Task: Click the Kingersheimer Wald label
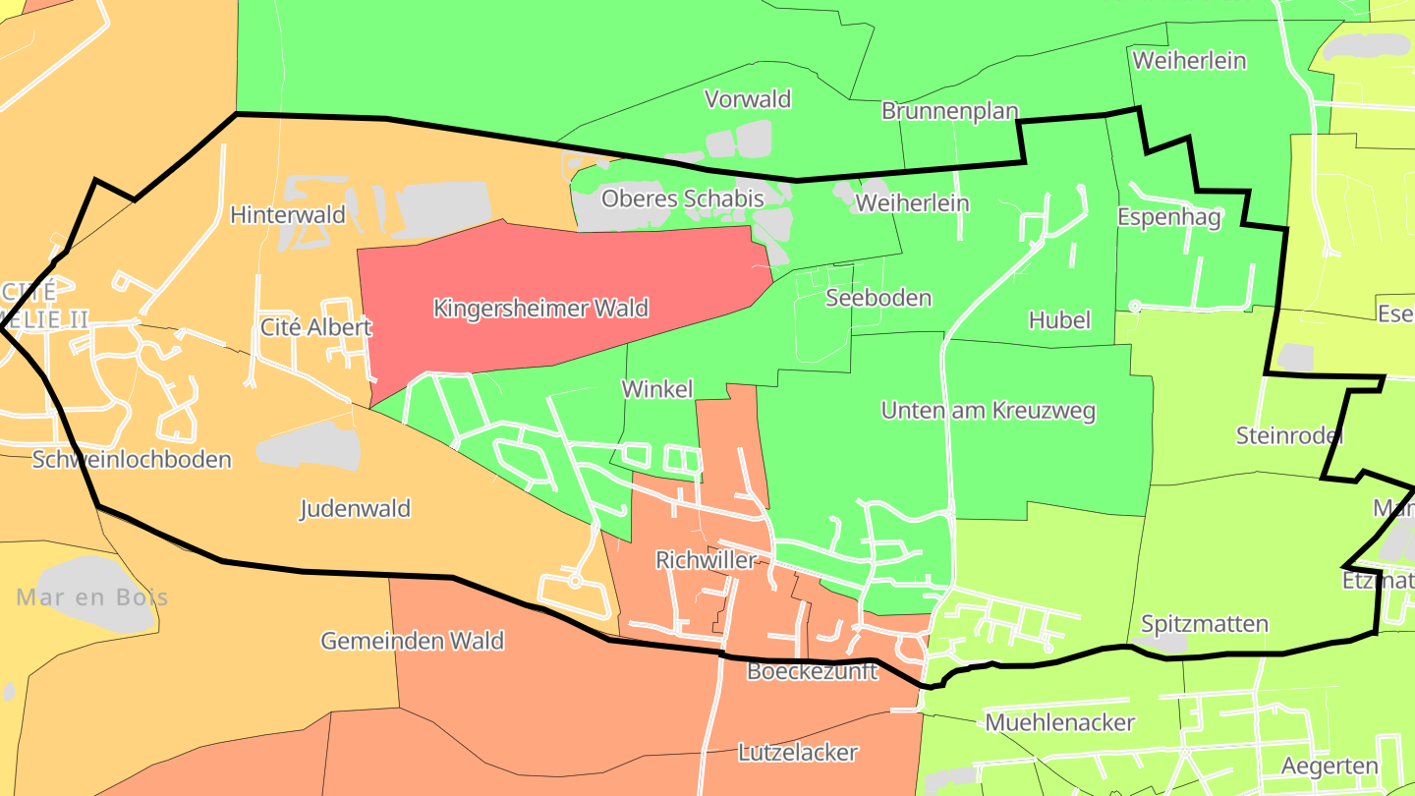point(540,309)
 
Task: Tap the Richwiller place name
point(706,560)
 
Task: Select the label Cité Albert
point(315,327)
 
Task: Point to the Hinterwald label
point(288,215)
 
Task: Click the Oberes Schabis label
point(682,199)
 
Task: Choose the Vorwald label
point(748,99)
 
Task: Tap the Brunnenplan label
point(949,111)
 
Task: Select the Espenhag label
point(1168,217)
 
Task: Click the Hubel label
point(1059,320)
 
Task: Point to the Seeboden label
point(878,298)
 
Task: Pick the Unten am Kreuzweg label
point(988,411)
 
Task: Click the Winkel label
point(657,389)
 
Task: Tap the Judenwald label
point(355,509)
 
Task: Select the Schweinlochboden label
point(132,459)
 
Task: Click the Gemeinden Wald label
point(412,642)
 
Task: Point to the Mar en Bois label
point(92,597)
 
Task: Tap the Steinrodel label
point(1288,435)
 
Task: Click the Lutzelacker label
point(797,753)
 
